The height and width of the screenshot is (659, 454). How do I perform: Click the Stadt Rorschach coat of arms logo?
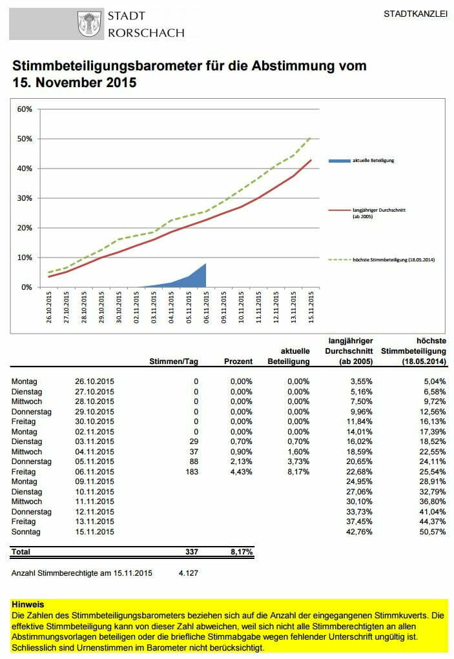point(89,24)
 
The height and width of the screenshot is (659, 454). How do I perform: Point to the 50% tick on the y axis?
point(25,138)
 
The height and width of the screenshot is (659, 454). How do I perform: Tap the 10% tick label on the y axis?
point(25,257)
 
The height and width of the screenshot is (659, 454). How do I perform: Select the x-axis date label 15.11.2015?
point(312,309)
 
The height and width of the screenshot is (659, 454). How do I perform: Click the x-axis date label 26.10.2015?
point(50,309)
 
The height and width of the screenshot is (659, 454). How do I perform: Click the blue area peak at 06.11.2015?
point(205,264)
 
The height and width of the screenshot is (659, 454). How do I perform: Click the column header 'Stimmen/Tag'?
point(174,361)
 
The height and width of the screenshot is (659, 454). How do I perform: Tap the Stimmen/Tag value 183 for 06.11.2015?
point(192,471)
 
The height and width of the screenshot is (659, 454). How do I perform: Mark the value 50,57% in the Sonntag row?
point(432,531)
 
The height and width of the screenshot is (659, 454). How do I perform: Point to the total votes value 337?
point(192,552)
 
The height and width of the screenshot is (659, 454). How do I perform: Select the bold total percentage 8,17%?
point(240,552)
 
